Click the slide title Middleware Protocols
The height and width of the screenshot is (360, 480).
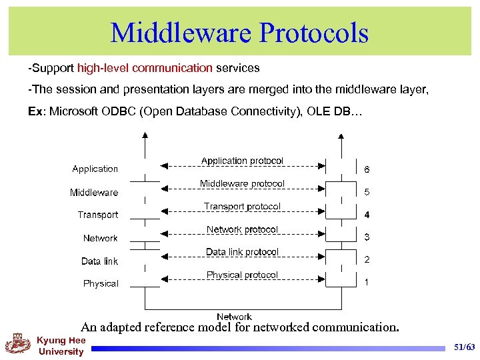[239, 32]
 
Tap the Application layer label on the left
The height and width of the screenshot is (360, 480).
[95, 169]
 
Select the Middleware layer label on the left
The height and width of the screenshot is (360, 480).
[94, 193]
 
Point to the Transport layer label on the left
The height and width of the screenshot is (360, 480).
[98, 215]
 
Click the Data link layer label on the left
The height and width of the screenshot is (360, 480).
[100, 261]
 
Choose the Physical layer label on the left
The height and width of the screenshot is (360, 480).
[101, 283]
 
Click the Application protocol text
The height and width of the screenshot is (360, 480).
[242, 161]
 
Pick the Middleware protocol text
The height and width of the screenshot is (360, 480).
[242, 183]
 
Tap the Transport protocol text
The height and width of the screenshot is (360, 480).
[242, 207]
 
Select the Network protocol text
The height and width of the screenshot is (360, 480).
[242, 229]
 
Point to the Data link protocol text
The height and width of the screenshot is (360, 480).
[242, 252]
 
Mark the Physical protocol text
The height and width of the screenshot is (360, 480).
[242, 275]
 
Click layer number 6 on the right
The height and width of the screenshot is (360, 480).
[367, 169]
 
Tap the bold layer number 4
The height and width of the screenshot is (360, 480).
[367, 215]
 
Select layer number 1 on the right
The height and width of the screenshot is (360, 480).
[367, 283]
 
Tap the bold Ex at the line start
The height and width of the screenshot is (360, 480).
[35, 111]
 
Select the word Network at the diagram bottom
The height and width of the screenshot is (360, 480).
[234, 317]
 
